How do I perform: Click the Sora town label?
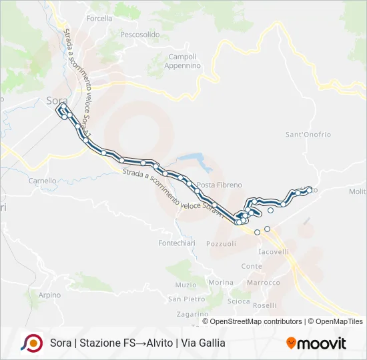53,101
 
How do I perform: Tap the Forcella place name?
99,19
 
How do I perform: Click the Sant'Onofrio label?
308,135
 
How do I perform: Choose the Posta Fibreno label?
215,185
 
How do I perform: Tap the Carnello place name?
42,181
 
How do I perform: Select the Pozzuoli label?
221,244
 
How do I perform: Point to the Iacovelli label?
274,252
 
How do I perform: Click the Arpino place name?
49,295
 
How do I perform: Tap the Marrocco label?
263,283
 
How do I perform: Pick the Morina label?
221,283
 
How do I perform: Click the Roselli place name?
265,305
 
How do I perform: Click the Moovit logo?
316,343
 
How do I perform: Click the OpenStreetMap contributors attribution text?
256,321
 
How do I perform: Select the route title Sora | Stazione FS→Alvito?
137,343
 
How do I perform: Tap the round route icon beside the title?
31,343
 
